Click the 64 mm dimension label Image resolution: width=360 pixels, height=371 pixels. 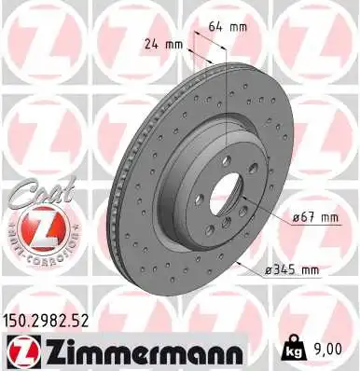pyautogui.click(x=228, y=26)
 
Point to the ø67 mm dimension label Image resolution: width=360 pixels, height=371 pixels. pyautogui.click(x=315, y=217)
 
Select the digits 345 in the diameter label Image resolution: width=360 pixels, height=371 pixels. pyautogui.click(x=284, y=270)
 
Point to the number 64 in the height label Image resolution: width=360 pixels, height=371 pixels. pyautogui.click(x=215, y=26)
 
